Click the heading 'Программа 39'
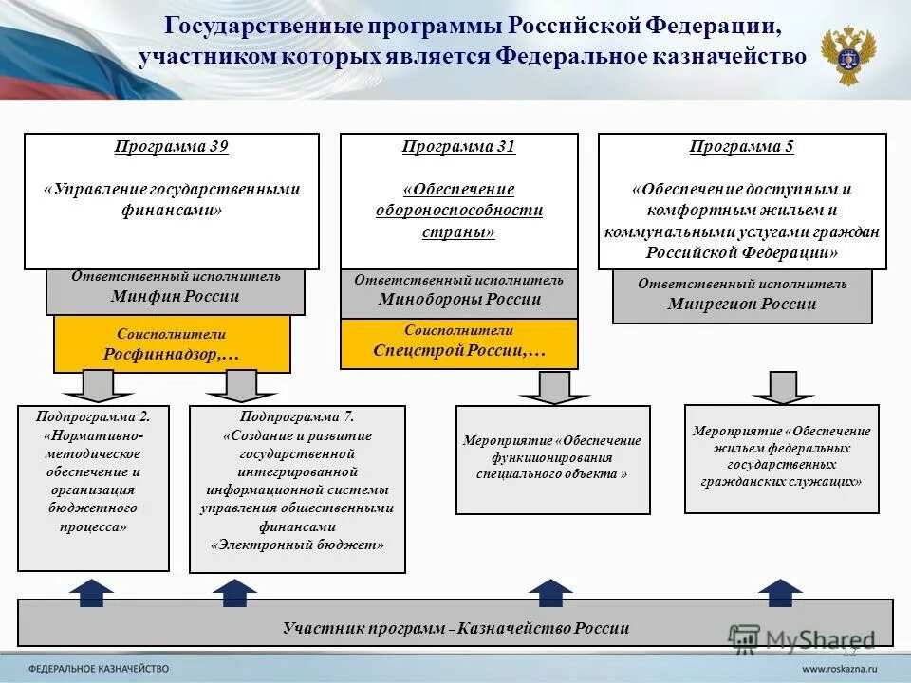pos(172,147)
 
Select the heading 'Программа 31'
pos(458,147)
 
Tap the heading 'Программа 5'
pos(742,147)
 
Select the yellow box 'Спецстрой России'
pos(458,343)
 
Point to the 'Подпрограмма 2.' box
pos(93,489)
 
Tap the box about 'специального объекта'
pos(553,460)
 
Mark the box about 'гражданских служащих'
pos(781,458)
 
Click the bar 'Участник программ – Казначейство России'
pos(455,627)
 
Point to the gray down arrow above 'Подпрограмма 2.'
pos(96,385)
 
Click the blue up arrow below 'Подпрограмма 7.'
pos(234,592)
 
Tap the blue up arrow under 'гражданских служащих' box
pos(780,592)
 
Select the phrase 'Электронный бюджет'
pos(297,545)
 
